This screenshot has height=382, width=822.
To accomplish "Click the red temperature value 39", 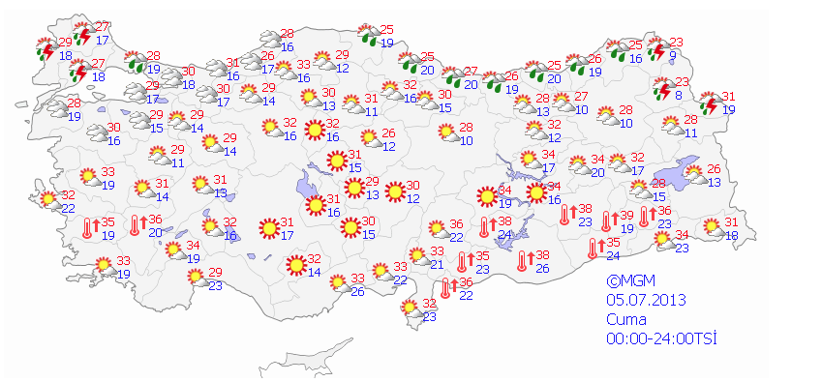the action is tap(626, 216).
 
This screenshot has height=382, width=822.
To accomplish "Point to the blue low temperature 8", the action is tap(680, 95).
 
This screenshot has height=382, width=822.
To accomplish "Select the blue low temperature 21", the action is tap(437, 264).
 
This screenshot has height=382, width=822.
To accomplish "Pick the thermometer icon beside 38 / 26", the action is tap(525, 260).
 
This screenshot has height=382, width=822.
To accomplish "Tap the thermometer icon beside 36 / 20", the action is tap(136, 225).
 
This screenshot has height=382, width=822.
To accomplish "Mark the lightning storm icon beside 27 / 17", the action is tap(83, 35).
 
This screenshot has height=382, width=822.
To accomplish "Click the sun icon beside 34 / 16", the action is tap(534, 192).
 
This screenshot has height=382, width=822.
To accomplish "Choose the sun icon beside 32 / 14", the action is tap(295, 264).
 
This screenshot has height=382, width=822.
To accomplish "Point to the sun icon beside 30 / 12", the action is tap(393, 191).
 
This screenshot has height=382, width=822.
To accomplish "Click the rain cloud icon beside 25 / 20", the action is tap(409, 63).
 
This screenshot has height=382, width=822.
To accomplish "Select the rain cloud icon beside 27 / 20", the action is tap(451, 77).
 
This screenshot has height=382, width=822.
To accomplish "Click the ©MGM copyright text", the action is tap(625, 281).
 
